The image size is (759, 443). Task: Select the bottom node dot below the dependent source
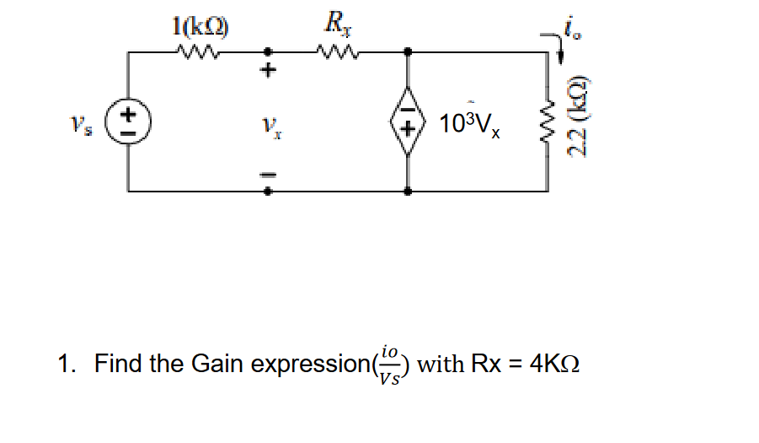(409, 192)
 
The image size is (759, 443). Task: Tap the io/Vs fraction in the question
(389, 365)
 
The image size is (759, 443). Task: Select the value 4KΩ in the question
(553, 365)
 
